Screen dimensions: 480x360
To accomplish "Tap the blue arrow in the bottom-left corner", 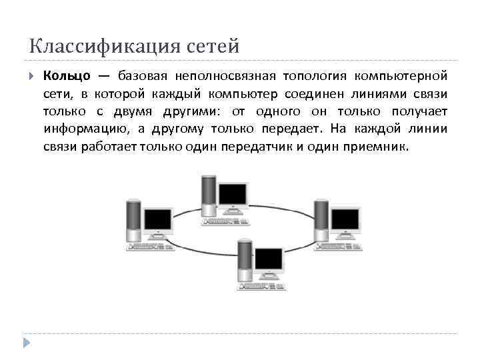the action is point(27,343).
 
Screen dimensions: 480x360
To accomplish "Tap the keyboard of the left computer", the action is point(150,247).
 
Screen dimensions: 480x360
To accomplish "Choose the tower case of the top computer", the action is point(208,193).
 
